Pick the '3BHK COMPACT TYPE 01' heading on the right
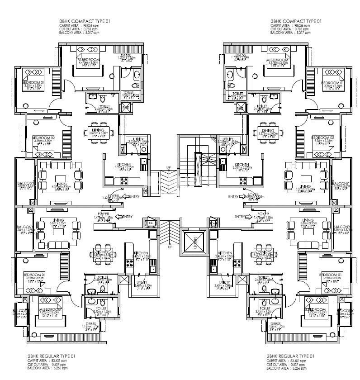296,21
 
